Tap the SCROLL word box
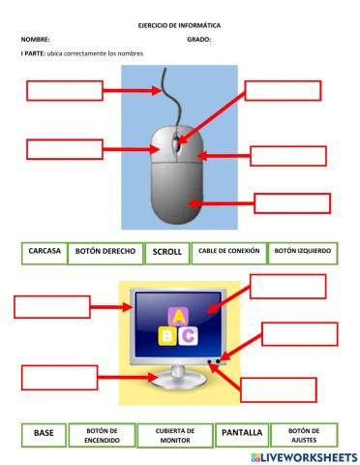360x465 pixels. point(166,252)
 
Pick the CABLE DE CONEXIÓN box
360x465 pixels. point(228,251)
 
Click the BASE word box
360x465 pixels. point(44,433)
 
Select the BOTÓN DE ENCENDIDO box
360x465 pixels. point(102,434)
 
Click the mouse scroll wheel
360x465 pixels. point(175,144)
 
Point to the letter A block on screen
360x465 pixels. point(178,316)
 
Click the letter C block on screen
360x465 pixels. point(190,334)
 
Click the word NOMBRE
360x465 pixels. point(34,40)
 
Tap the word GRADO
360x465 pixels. point(198,40)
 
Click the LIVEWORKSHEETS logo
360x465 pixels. point(303,456)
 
